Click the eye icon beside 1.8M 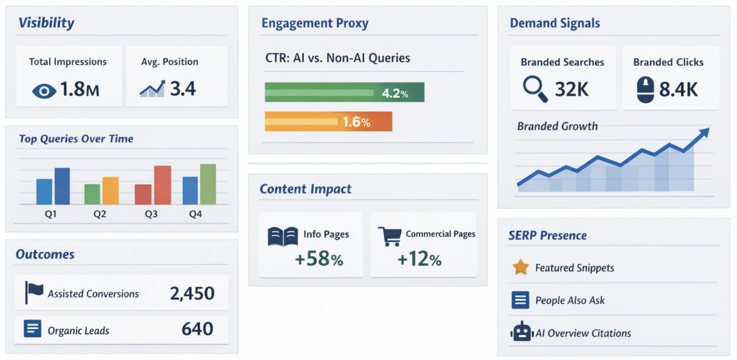tap(44, 91)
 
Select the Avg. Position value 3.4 tap(182, 89)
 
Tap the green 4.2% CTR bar tap(344, 92)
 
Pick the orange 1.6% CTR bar tap(328, 122)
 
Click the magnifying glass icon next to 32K tap(534, 88)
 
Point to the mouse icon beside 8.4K tap(645, 90)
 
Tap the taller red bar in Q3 tap(162, 185)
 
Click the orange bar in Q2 tap(111, 190)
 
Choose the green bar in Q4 tap(208, 184)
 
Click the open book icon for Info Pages tap(283, 237)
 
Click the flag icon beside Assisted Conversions tap(33, 292)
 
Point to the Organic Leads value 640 tap(197, 329)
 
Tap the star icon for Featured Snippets tap(520, 267)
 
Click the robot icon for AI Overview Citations tap(521, 332)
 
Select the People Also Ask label tap(569, 300)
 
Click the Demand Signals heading tap(555, 23)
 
